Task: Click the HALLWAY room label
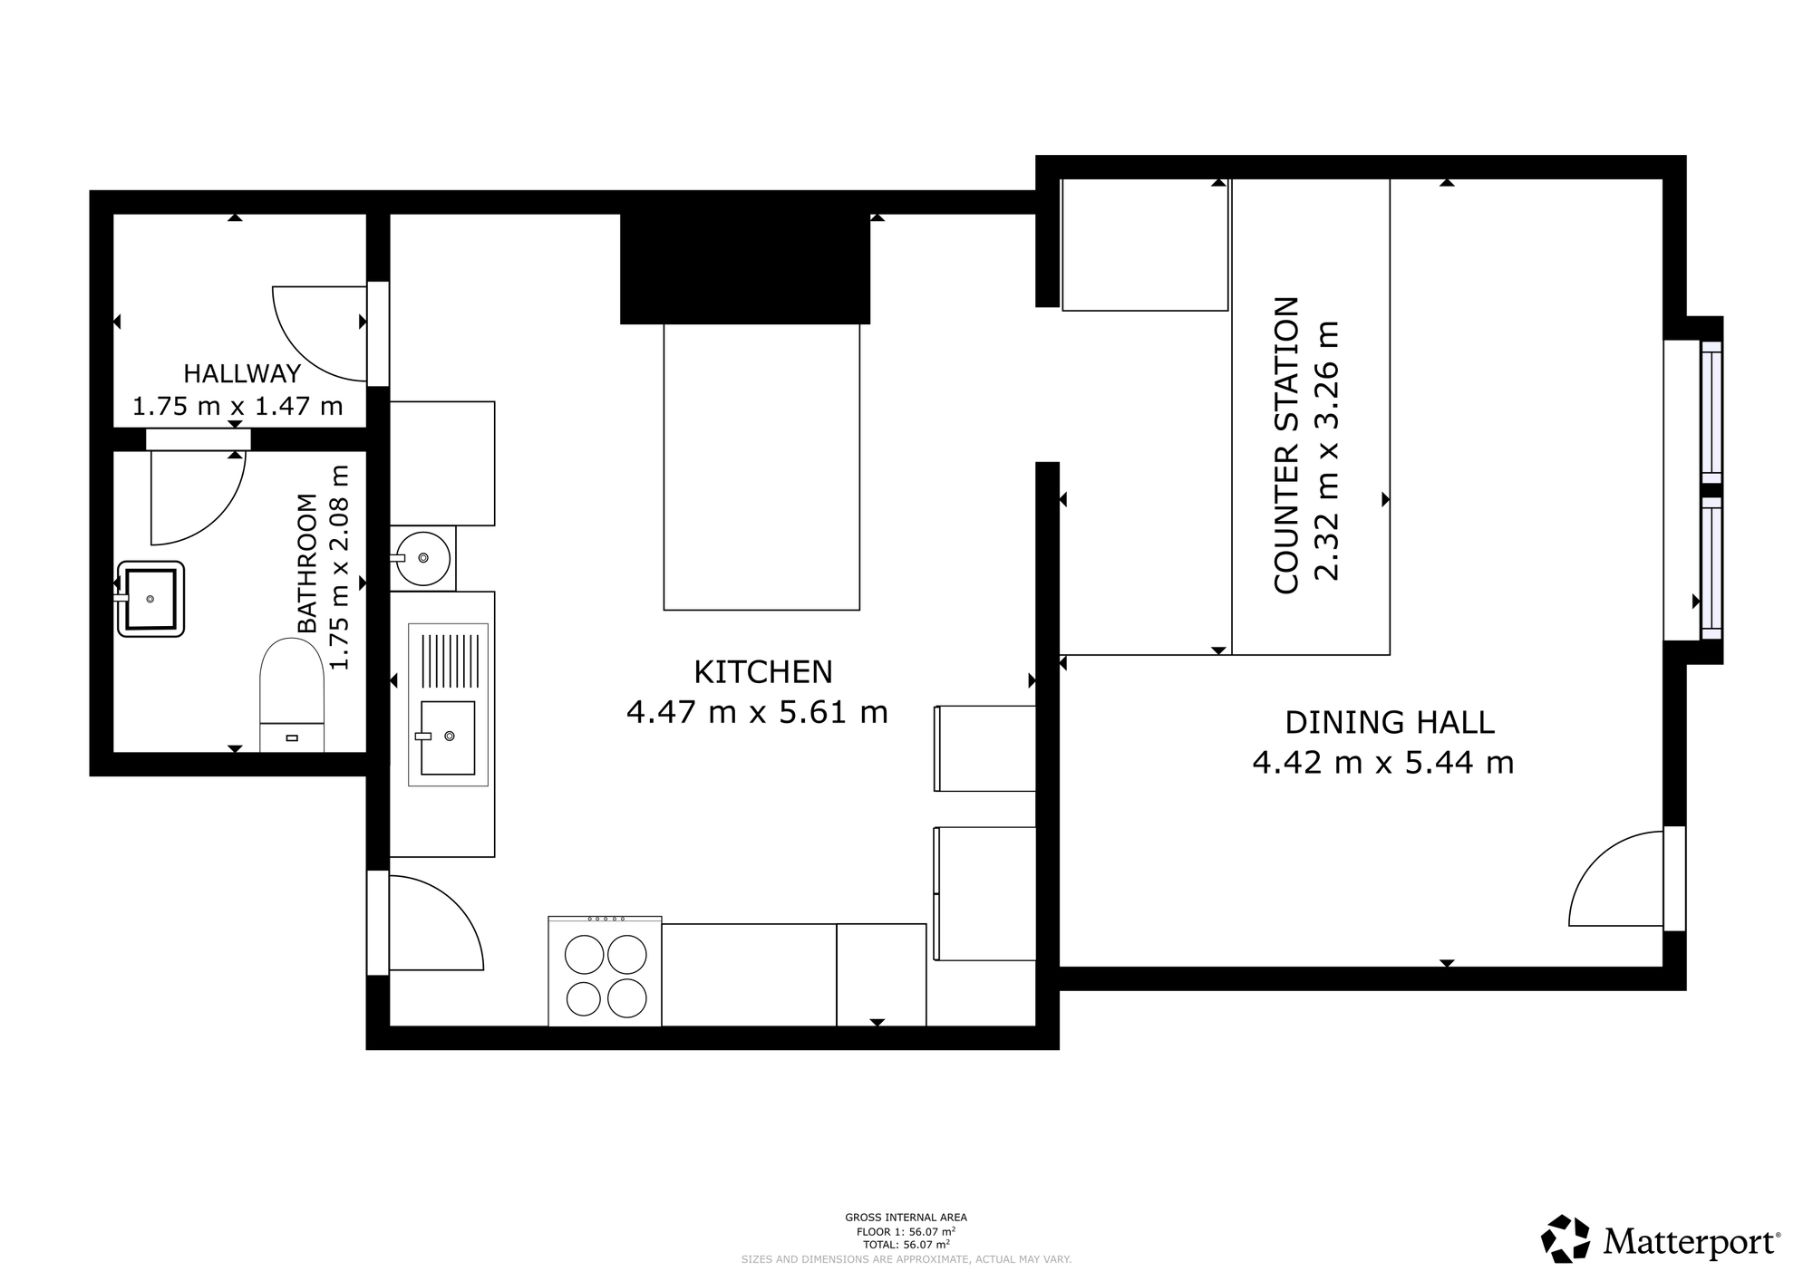[x=242, y=373]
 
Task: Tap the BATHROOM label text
[x=308, y=563]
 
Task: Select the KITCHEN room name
[x=763, y=672]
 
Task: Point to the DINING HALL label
[x=1390, y=722]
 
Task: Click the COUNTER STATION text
[x=1286, y=445]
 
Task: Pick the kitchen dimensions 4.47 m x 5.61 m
[x=757, y=712]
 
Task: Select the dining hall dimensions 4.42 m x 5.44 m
[x=1383, y=763]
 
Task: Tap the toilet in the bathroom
[x=292, y=695]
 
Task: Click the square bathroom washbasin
[x=150, y=599]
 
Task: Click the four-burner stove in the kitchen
[x=605, y=971]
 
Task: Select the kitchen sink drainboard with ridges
[x=448, y=661]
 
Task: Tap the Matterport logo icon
[x=1566, y=1238]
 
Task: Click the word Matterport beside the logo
[x=1692, y=1242]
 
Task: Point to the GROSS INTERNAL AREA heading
[x=906, y=1218]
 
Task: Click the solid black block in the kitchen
[x=745, y=269]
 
